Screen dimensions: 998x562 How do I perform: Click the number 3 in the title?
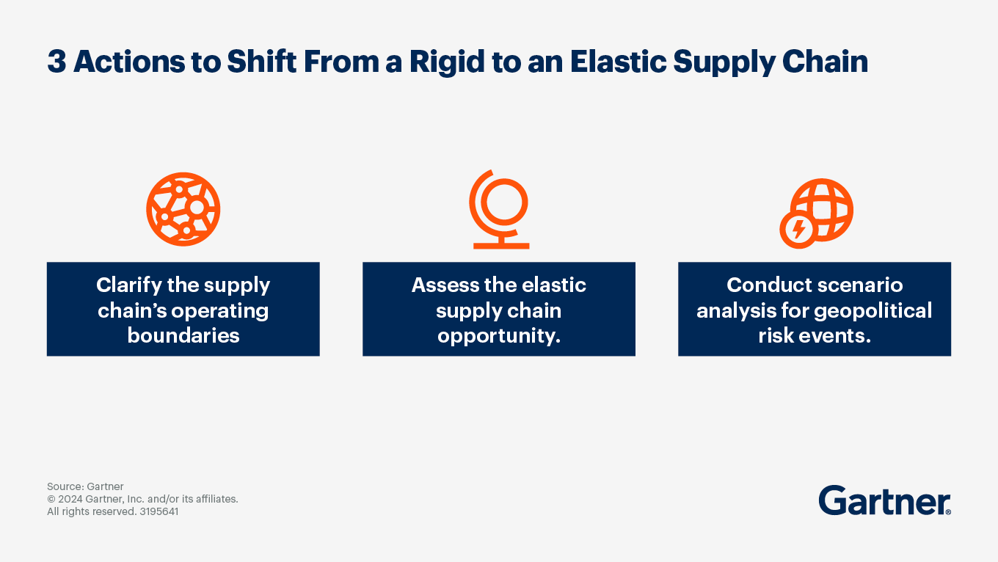click(x=57, y=62)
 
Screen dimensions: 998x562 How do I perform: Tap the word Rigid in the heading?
click(x=447, y=61)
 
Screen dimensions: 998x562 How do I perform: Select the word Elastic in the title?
click(x=618, y=61)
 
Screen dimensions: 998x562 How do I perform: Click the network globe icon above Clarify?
click(x=183, y=209)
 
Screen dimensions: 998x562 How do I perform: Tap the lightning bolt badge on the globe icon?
click(x=798, y=230)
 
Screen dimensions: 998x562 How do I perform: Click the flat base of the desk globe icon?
click(x=501, y=246)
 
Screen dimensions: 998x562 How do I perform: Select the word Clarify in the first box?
click(x=128, y=285)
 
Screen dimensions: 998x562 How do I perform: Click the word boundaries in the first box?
click(x=183, y=335)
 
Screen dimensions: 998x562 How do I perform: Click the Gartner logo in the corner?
click(x=884, y=500)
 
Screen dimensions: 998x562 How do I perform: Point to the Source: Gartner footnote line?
click(x=85, y=486)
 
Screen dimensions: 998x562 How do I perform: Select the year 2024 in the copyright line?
click(x=70, y=499)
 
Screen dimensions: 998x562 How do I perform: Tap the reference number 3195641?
click(x=159, y=511)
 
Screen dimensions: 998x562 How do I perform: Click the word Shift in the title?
click(x=262, y=61)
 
